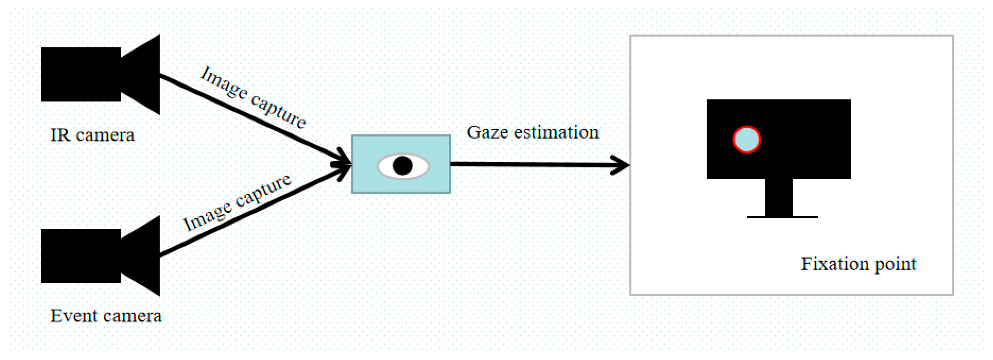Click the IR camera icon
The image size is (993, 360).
[89, 74]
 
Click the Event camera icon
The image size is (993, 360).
[89, 256]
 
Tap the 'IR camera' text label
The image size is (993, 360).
[93, 135]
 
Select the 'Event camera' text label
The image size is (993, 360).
[106, 316]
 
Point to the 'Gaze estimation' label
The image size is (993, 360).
[533, 132]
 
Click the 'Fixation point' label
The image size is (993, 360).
[858, 264]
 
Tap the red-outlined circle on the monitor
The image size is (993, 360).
[746, 139]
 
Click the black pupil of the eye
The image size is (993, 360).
[402, 166]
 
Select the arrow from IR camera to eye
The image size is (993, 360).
[251, 117]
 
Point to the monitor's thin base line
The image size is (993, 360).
[783, 217]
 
